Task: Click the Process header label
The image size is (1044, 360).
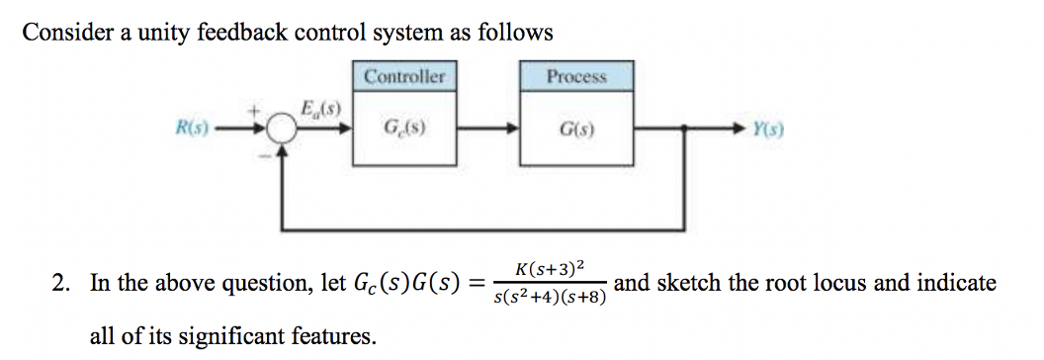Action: [x=576, y=76]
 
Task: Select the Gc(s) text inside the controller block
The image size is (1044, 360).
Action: [x=403, y=128]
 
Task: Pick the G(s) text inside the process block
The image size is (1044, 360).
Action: [x=576, y=128]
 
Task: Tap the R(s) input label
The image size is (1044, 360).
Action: [x=192, y=128]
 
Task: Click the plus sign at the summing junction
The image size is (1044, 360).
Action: [x=264, y=111]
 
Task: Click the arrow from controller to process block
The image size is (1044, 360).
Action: [x=486, y=128]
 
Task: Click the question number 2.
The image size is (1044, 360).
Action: [x=60, y=285]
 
